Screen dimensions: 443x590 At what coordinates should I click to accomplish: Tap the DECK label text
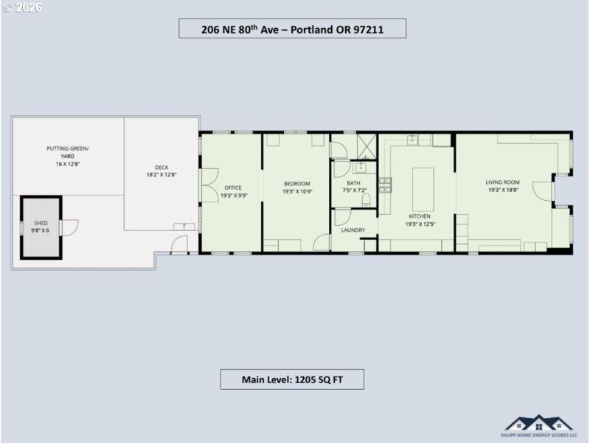pyautogui.click(x=162, y=167)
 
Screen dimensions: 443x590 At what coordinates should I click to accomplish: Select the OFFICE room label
pyautogui.click(x=232, y=188)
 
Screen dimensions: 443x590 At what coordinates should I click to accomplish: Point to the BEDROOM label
pyautogui.click(x=296, y=183)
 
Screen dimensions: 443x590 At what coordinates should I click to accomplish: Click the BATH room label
pyautogui.click(x=353, y=183)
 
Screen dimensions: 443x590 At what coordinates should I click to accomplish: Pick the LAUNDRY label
pyautogui.click(x=353, y=230)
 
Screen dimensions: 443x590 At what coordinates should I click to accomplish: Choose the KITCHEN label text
pyautogui.click(x=419, y=216)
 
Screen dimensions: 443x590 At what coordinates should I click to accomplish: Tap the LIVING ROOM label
pyautogui.click(x=503, y=182)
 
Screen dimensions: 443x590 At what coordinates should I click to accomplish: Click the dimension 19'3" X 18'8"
pyautogui.click(x=503, y=190)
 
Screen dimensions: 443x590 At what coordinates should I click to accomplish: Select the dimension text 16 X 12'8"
pyautogui.click(x=67, y=164)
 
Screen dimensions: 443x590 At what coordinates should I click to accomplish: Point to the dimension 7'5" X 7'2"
pyautogui.click(x=353, y=190)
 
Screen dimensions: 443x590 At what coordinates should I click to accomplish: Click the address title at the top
pyautogui.click(x=293, y=29)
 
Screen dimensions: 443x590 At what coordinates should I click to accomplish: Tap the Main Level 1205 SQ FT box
pyautogui.click(x=292, y=380)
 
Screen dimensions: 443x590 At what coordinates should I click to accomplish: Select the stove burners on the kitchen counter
pyautogui.click(x=384, y=185)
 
